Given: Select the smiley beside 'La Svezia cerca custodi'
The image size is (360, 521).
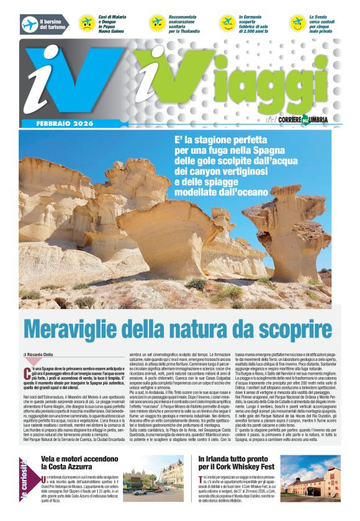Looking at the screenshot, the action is [x=298, y=24].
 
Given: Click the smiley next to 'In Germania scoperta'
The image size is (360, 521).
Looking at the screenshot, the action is [x=228, y=24].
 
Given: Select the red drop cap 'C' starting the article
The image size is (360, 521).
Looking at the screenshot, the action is [x=28, y=373].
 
